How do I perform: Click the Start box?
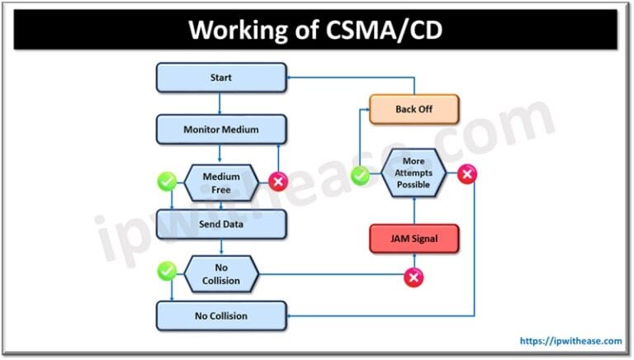pos(220,78)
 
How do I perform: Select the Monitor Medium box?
pos(220,130)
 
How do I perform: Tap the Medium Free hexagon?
pos(220,181)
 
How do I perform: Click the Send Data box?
pos(220,224)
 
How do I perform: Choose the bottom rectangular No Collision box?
pos(220,315)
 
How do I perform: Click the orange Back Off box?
pos(413,108)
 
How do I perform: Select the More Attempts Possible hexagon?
pos(413,174)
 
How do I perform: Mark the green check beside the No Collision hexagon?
pos(168,270)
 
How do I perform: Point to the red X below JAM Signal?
pos(413,278)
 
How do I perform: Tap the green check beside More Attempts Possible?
pos(360,175)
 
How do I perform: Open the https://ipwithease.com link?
pos(570,340)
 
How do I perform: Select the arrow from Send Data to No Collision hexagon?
pos(220,247)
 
